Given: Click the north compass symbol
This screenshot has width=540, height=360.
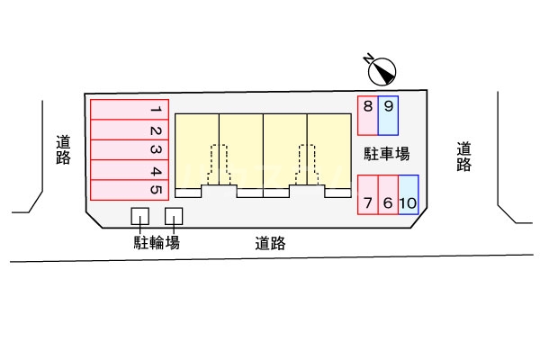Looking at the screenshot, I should point(382,70).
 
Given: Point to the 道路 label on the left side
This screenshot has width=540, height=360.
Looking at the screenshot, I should point(63,150).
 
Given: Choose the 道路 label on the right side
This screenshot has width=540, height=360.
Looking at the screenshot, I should point(463,157).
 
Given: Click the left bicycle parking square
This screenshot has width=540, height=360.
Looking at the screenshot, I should point(140,216).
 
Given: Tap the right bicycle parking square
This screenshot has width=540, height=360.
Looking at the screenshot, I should point(174,216).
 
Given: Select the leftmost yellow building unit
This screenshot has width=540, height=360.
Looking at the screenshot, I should point(197,148).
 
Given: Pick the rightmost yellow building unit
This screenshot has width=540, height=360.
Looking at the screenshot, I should point(329,148).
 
